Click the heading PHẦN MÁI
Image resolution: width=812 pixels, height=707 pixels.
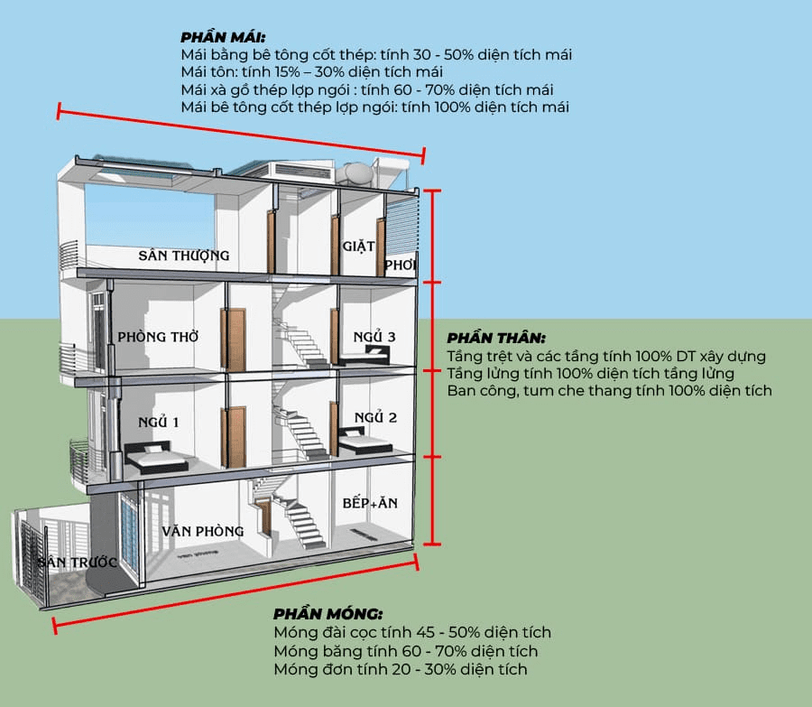click(x=222, y=37)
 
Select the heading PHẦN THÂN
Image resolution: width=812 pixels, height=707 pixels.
click(x=496, y=338)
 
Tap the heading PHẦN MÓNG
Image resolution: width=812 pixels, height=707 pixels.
click(x=328, y=614)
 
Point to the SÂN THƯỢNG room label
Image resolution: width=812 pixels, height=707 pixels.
click(x=184, y=256)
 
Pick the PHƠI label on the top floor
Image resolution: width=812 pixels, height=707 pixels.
click(x=400, y=265)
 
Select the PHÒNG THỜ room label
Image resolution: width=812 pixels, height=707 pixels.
click(x=159, y=338)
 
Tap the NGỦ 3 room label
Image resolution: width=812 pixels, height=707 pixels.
click(x=374, y=337)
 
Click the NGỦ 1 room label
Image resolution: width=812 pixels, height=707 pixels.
click(x=159, y=422)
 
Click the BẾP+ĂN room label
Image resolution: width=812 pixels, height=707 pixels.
click(x=370, y=503)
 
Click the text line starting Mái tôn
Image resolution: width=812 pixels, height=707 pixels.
click(x=311, y=72)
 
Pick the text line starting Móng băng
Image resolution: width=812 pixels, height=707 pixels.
click(x=405, y=651)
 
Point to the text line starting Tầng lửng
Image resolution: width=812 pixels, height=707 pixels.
click(x=590, y=373)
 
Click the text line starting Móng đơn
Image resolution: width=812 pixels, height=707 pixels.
click(x=400, y=669)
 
